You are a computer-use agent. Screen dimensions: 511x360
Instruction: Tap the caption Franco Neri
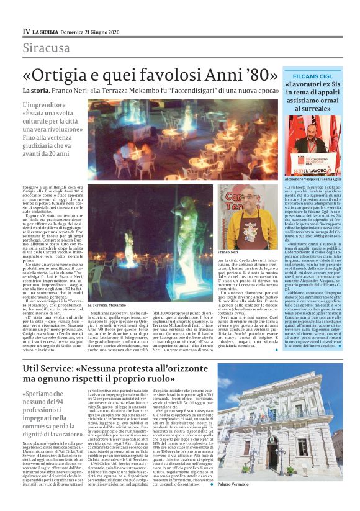pos(228,252)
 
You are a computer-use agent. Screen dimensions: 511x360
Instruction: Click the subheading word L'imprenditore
pos(48,106)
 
